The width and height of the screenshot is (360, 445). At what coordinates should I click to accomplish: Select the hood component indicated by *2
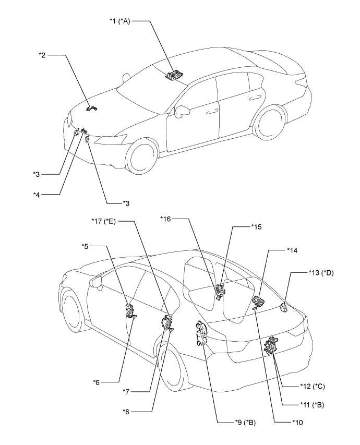pyautogui.click(x=92, y=109)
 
